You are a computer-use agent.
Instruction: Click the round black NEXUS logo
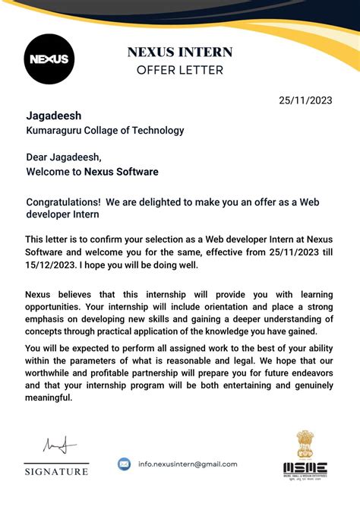tap(49, 59)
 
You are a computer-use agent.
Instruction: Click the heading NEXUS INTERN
tap(179, 52)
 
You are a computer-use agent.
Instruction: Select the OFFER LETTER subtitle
tap(179, 71)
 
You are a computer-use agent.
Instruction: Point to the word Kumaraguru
tap(54, 130)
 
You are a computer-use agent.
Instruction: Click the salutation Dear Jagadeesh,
tap(64, 157)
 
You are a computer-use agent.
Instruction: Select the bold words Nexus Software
tap(122, 172)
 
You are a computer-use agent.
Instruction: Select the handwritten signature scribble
tap(55, 445)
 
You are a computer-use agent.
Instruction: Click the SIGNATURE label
tap(56, 472)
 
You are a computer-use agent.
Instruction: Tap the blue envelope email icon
tap(125, 464)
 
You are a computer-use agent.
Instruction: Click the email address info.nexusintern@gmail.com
tap(188, 464)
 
